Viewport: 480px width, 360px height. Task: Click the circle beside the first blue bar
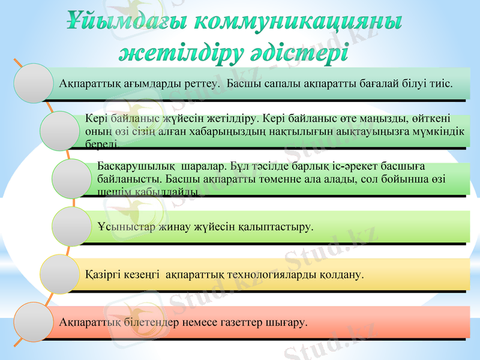(x=34, y=83)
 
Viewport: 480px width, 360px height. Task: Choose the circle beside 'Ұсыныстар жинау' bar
(x=71, y=226)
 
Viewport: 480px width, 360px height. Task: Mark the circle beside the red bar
(x=34, y=322)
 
